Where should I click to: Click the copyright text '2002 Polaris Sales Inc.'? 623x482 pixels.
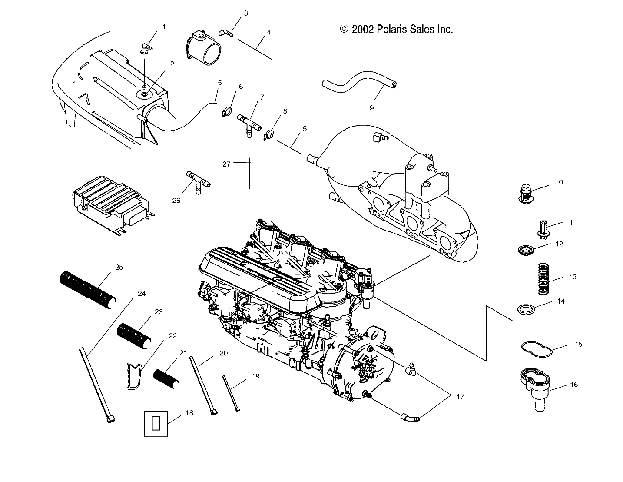point(397,29)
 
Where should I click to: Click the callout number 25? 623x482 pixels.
point(119,267)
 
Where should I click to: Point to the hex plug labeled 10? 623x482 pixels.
point(527,193)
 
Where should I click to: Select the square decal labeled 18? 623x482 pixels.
point(156,422)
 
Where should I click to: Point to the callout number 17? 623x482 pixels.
point(460,397)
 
